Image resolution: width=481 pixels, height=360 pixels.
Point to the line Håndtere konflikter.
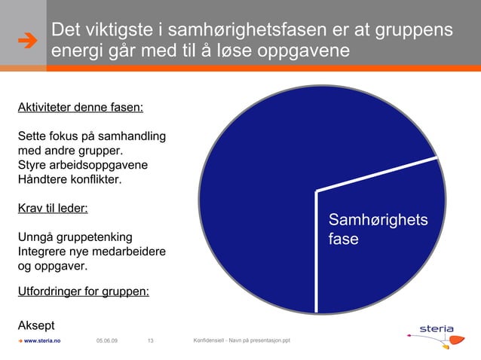[69, 180]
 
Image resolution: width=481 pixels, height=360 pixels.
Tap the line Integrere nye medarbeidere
[91, 252]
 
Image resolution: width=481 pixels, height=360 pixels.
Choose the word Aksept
[35, 325]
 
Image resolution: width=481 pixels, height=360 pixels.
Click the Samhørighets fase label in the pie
[377, 230]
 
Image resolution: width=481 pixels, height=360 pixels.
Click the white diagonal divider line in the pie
[377, 174]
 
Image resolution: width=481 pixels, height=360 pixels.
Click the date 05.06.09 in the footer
[107, 341]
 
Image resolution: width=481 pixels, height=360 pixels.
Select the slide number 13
[150, 341]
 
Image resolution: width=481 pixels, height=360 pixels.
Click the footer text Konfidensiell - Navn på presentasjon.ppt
[241, 341]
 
